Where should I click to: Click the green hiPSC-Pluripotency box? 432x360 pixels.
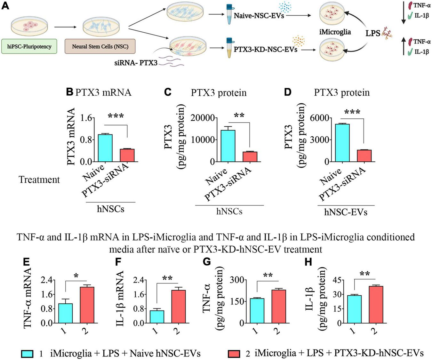point(29,46)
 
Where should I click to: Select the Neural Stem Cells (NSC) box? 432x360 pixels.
point(100,46)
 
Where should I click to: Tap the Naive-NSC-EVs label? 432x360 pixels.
point(259,15)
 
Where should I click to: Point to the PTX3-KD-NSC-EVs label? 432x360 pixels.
point(265,50)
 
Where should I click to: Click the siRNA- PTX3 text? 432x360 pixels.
point(136,63)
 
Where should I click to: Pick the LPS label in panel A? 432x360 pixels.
point(373,33)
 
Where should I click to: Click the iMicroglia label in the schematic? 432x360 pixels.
point(335,32)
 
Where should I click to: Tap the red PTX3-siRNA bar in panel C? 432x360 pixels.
point(250,156)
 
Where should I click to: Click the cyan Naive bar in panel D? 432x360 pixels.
point(342,143)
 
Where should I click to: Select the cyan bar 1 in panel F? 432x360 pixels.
point(157,316)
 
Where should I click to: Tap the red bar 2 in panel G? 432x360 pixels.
point(278,306)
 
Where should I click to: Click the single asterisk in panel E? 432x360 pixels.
point(76,276)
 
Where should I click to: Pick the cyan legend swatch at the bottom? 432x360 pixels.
point(28,354)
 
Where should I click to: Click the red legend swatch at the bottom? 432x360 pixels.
point(234,354)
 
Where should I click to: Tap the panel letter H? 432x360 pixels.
point(308,262)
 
